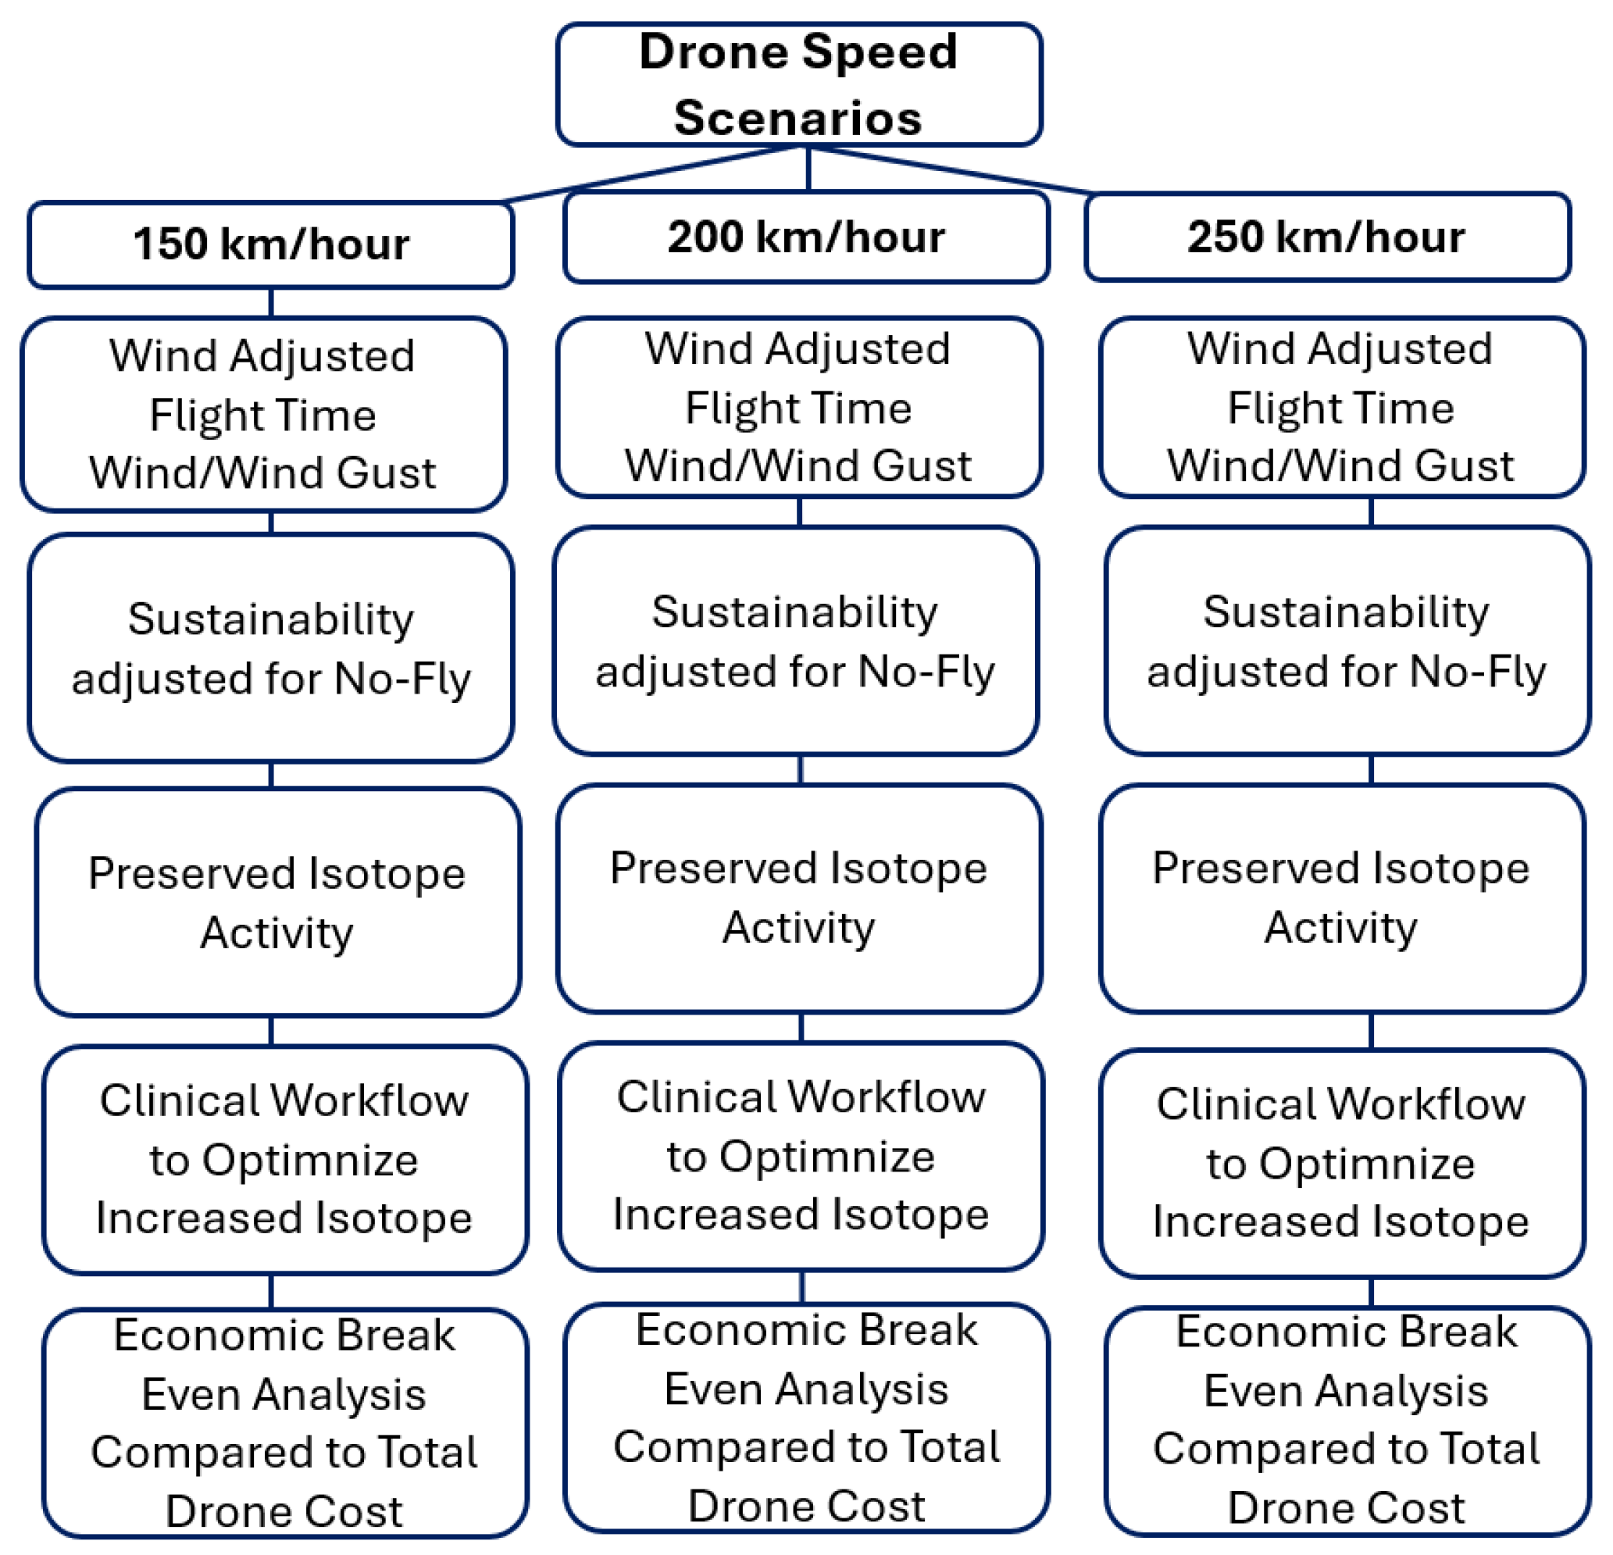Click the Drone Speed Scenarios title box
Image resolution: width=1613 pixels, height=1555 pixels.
point(798,84)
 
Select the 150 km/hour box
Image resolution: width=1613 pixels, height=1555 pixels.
point(271,244)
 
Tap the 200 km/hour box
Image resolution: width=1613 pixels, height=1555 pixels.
point(805,237)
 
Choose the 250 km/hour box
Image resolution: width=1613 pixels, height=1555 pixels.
point(1326,237)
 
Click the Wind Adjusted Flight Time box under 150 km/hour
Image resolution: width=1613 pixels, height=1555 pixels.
point(263,414)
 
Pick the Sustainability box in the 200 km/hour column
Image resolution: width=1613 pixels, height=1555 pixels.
point(795,641)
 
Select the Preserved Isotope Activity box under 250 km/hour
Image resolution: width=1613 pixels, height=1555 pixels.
point(1341,897)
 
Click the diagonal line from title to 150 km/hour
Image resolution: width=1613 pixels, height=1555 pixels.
point(650,174)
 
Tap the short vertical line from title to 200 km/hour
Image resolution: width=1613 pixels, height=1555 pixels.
point(808,169)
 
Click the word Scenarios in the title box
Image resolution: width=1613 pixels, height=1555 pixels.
point(798,118)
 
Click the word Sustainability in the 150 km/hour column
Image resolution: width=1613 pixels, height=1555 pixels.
point(271,619)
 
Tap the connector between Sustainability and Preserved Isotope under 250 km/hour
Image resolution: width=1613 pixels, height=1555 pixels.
point(1371,769)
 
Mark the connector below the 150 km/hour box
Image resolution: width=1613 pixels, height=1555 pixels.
point(271,303)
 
